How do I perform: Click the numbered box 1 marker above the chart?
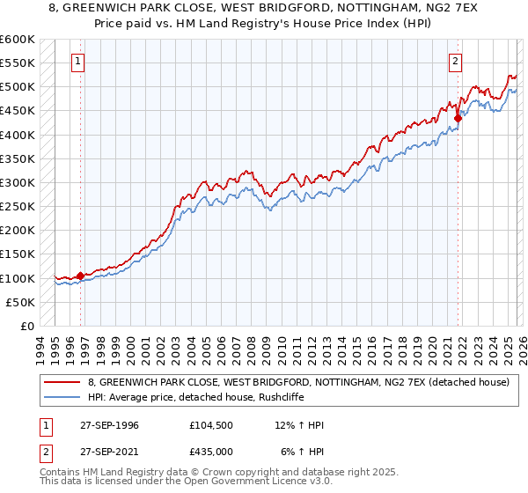pyautogui.click(x=79, y=62)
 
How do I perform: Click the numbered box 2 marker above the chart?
pyautogui.click(x=456, y=62)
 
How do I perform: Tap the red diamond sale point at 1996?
pyautogui.click(x=80, y=276)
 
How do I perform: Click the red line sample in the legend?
pyautogui.click(x=63, y=382)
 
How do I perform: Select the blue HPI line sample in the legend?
pyautogui.click(x=63, y=397)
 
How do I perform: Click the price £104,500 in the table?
pyautogui.click(x=212, y=425)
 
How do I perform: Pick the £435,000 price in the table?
pyautogui.click(x=212, y=452)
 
